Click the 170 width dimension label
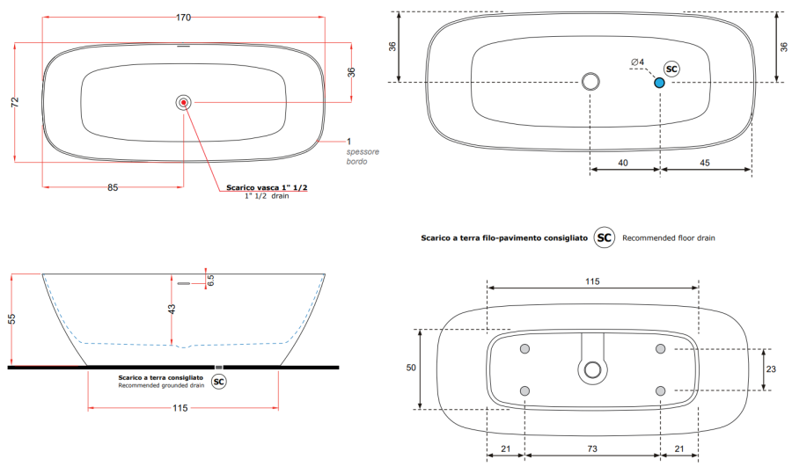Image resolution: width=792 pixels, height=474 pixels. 183,18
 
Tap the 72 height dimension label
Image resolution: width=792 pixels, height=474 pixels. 15,101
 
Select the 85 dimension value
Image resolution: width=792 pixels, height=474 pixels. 113,188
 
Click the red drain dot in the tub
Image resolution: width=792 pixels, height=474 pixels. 183,103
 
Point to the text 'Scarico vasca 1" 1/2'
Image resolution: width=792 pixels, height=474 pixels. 267,187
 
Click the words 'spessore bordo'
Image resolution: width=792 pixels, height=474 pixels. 363,157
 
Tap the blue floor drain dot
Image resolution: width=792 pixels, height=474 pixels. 659,83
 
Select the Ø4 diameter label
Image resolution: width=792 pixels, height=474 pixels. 637,62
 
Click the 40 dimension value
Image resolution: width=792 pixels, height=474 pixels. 623,163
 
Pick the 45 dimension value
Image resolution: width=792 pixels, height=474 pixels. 705,163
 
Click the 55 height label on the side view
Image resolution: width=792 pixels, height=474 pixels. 11,319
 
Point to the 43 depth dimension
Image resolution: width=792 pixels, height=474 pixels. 172,309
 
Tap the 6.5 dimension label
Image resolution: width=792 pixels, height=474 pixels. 210,281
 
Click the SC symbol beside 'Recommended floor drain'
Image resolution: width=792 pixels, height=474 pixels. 604,237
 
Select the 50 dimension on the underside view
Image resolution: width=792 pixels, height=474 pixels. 411,368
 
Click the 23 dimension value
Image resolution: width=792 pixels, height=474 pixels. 771,369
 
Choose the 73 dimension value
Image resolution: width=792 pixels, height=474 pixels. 592,448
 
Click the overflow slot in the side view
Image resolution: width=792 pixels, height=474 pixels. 183,284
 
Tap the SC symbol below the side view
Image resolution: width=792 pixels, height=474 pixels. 219,382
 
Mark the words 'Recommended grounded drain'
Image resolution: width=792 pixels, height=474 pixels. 161,386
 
